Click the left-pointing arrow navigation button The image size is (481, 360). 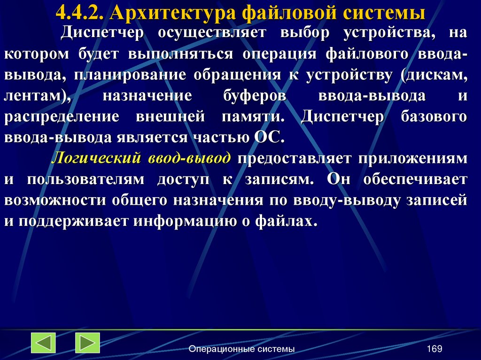pyautogui.click(x=43, y=343)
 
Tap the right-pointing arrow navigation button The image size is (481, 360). pyautogui.click(x=87, y=343)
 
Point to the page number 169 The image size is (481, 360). pyautogui.click(x=434, y=349)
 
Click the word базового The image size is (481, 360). pyautogui.click(x=434, y=117)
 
